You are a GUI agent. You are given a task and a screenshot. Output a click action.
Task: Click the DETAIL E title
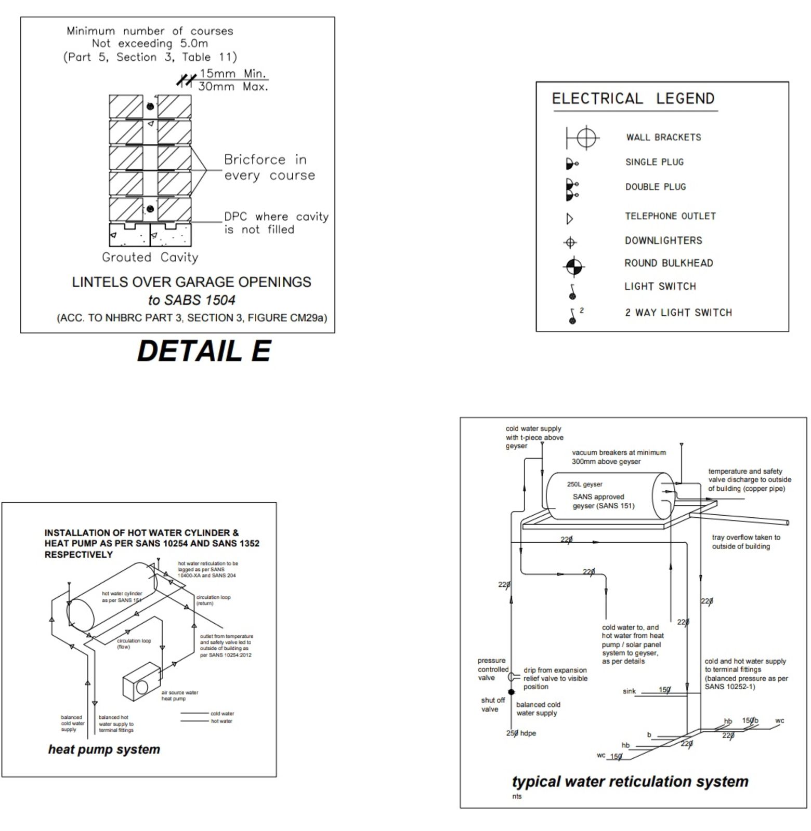(x=204, y=351)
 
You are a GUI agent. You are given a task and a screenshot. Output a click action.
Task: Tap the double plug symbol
(x=572, y=190)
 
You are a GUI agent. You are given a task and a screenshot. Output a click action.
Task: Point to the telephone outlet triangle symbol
(x=570, y=219)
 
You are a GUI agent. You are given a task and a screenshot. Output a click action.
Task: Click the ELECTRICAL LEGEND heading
(x=633, y=99)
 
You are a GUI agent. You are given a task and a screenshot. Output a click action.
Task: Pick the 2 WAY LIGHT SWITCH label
(x=678, y=313)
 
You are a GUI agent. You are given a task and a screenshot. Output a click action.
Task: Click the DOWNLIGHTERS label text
(x=663, y=240)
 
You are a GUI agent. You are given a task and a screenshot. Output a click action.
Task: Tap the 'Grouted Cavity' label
(x=150, y=257)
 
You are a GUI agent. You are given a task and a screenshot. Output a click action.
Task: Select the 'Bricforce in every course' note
(x=269, y=167)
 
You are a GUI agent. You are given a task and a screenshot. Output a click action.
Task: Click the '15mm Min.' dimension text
(x=233, y=74)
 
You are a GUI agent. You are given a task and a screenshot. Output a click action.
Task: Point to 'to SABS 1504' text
(x=191, y=300)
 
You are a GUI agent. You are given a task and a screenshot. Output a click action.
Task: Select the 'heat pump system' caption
(x=104, y=749)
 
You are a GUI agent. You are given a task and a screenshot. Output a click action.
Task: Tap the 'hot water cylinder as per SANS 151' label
(x=122, y=597)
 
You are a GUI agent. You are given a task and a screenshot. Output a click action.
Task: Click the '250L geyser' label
(x=584, y=484)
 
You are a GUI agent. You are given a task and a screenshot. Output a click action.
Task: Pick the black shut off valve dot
(x=511, y=692)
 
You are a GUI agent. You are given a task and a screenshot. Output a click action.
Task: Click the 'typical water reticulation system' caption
(x=630, y=782)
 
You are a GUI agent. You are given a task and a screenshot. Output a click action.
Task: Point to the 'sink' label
(x=629, y=691)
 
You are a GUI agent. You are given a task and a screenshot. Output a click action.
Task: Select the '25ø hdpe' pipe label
(x=521, y=733)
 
